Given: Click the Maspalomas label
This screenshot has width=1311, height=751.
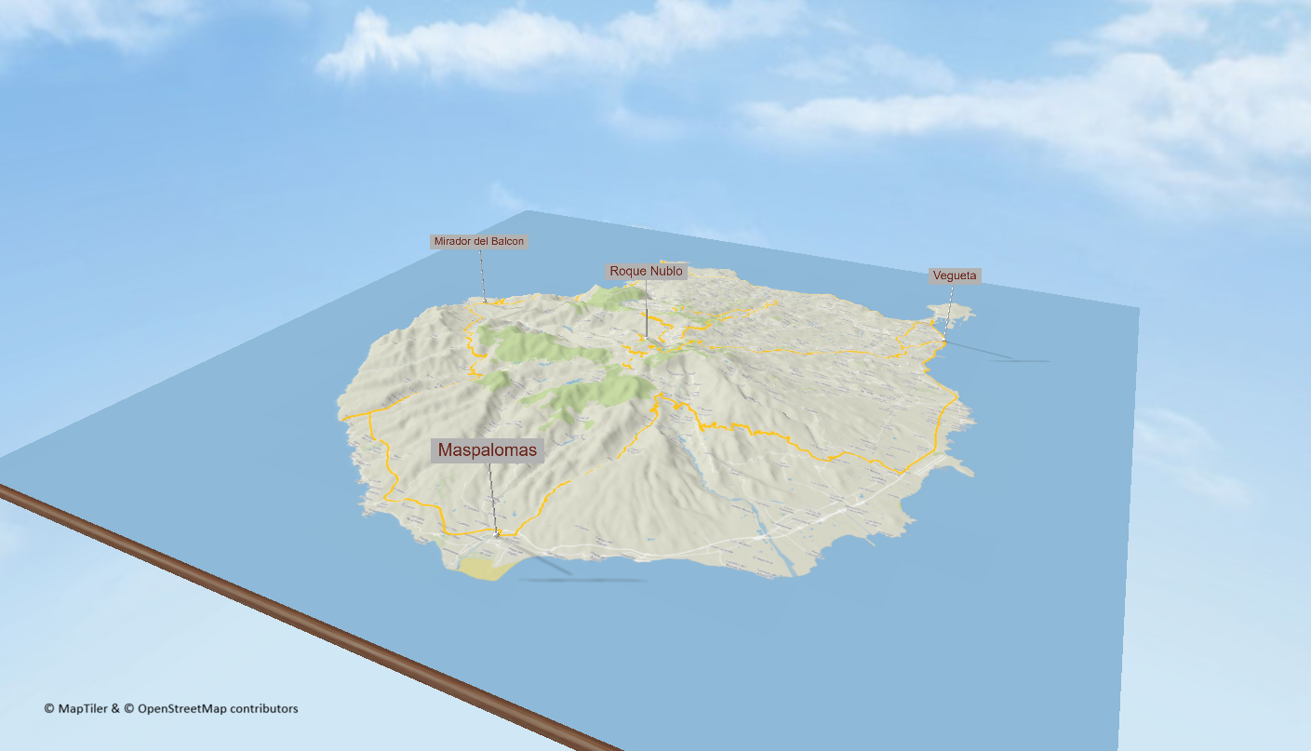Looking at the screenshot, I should (488, 451).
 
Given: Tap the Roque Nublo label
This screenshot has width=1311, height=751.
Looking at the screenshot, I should (646, 272).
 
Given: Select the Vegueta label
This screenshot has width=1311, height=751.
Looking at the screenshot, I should (954, 275).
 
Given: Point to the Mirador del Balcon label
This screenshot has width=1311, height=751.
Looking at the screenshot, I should (478, 242).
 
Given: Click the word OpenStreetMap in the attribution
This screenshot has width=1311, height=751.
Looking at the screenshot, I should (181, 708).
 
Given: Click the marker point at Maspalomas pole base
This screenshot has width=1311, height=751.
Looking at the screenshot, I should (498, 533).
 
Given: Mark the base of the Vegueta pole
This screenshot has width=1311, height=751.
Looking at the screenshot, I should (943, 339).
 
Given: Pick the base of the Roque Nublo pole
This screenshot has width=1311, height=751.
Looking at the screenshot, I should (646, 339).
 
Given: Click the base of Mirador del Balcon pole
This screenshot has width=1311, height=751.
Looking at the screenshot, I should (484, 302).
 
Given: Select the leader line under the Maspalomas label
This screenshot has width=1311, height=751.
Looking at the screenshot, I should (492, 493).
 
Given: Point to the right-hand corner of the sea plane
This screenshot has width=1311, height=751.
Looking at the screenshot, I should (1138, 308).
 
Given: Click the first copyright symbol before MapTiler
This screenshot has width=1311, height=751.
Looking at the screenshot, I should (49, 708).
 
